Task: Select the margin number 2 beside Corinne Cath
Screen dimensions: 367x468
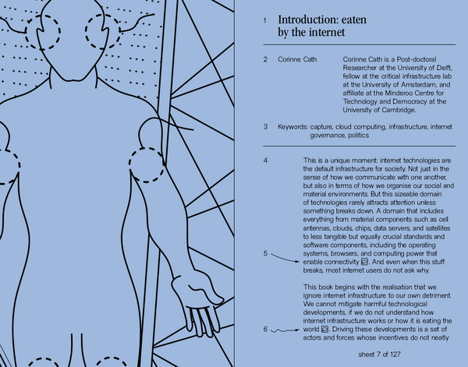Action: pyautogui.click(x=265, y=59)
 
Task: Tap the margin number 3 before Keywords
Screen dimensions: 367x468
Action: pyautogui.click(x=265, y=126)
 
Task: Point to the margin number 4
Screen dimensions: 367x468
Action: pyautogui.click(x=265, y=161)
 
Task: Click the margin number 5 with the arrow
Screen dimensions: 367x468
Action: pyautogui.click(x=265, y=253)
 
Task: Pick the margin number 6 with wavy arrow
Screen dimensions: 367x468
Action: pyautogui.click(x=265, y=330)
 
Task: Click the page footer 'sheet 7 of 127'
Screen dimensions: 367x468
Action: pyautogui.click(x=374, y=354)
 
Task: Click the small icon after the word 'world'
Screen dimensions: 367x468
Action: pyautogui.click(x=325, y=330)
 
